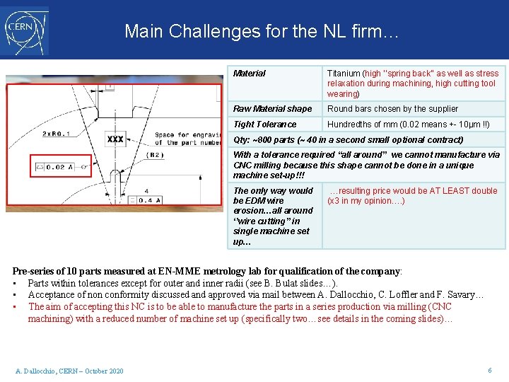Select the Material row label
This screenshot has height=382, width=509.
[x=250, y=74]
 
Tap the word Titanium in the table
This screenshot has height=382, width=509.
[x=344, y=74]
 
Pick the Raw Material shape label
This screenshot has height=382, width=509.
[x=272, y=109]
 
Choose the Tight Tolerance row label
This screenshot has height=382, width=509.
[x=265, y=125]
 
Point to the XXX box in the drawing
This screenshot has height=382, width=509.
[x=115, y=139]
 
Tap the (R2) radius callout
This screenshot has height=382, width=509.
[x=152, y=155]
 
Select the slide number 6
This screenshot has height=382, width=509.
[x=489, y=371]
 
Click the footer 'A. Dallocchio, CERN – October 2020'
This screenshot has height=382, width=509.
[x=69, y=371]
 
